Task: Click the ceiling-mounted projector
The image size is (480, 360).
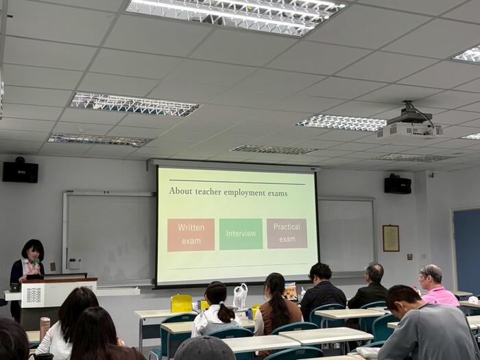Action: click(x=410, y=125)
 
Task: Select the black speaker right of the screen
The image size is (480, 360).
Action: click(x=398, y=184)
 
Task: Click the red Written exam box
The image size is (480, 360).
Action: click(x=191, y=235)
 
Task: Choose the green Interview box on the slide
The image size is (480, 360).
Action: click(x=241, y=234)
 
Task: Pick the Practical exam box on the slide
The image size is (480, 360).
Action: click(x=287, y=233)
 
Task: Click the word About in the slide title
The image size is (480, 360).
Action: click(x=181, y=192)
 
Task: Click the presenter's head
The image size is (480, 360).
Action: click(x=32, y=250)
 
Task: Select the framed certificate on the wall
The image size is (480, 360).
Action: click(x=391, y=238)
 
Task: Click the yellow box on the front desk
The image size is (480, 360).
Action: click(x=182, y=303)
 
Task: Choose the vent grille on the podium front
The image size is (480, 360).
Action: click(x=34, y=295)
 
